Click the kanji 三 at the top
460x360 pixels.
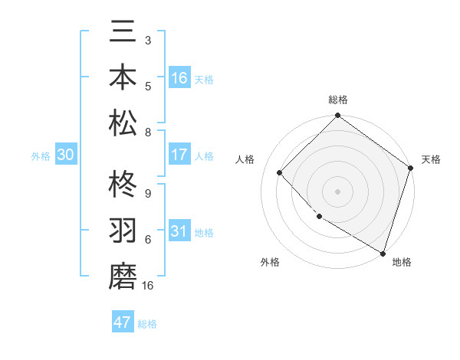tap(123, 34)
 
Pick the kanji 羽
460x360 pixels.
tap(123, 231)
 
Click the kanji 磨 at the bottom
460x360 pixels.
tap(123, 276)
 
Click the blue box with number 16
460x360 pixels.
tap(179, 78)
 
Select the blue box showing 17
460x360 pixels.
tap(179, 155)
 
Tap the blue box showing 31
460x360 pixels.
tap(179, 232)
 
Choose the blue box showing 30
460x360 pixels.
tap(66, 155)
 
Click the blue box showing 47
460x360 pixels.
tap(123, 322)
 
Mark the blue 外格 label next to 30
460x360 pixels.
tap(41, 156)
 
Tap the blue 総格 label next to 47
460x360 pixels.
tap(148, 324)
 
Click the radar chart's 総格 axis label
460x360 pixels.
tap(337, 100)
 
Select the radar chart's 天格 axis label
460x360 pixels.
tap(432, 159)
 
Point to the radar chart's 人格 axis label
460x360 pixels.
tap(245, 159)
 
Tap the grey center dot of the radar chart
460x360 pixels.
tap(337, 191)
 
